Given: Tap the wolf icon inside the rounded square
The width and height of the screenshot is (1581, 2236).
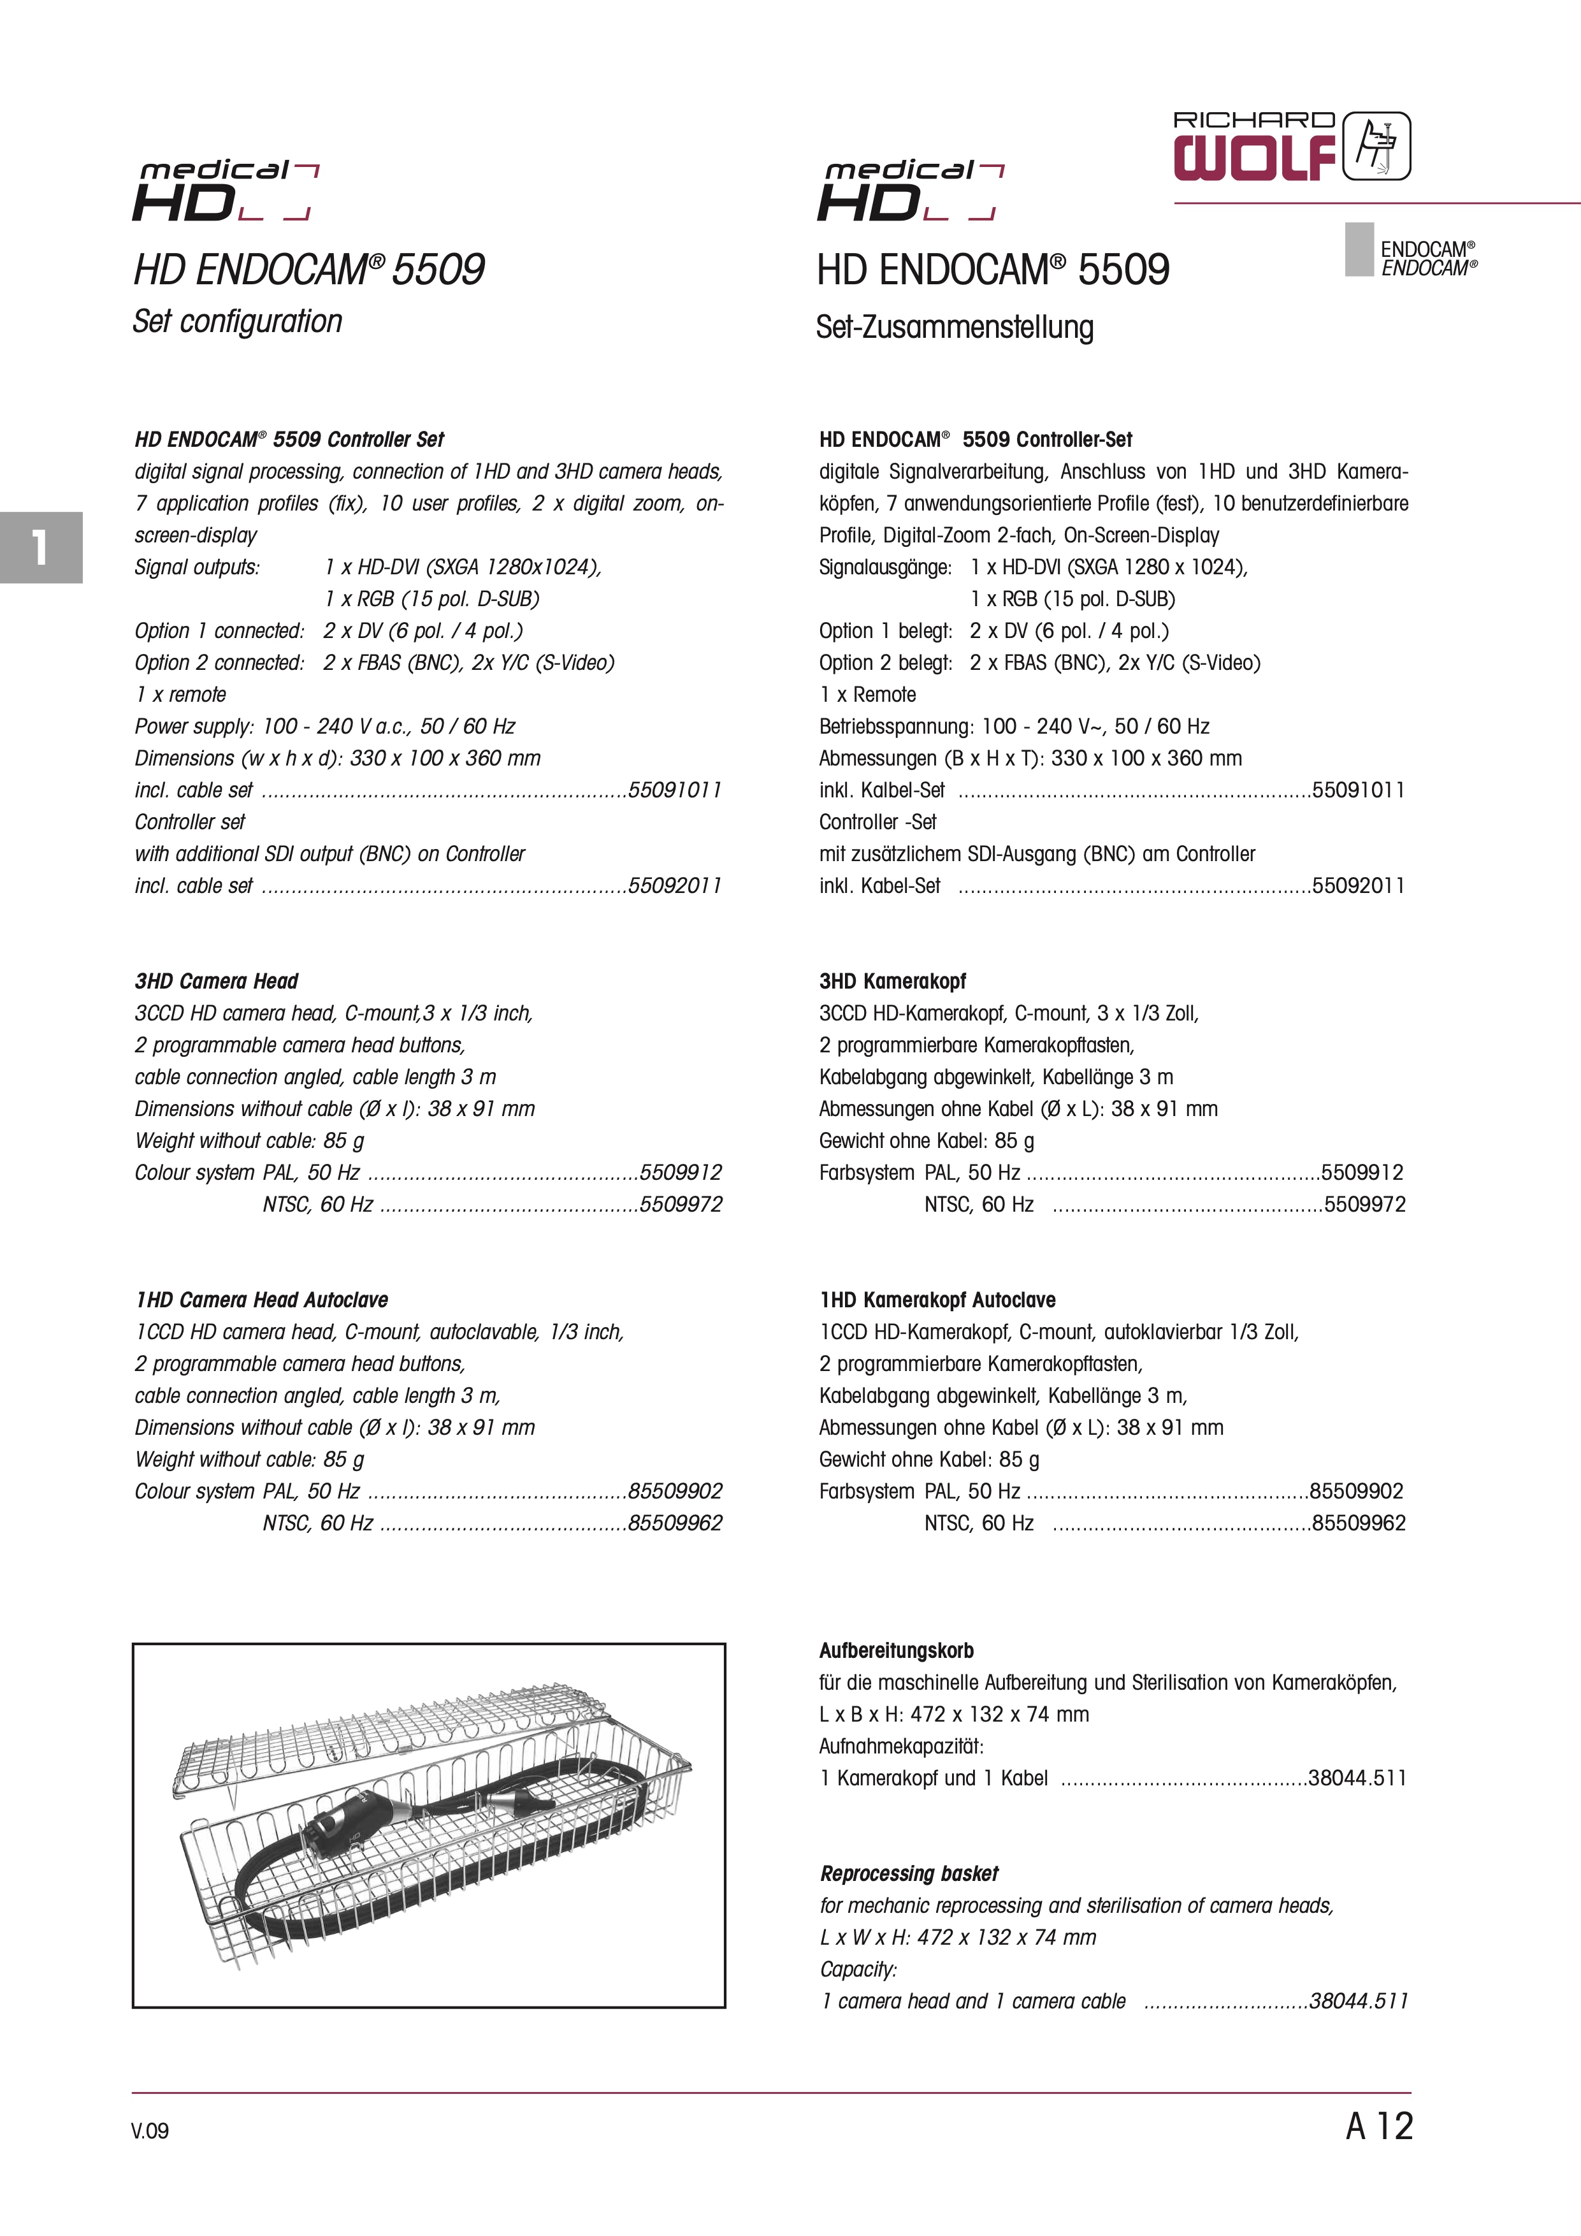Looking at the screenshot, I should point(1376,146).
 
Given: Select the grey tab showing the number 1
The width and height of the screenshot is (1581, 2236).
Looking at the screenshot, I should point(40,548).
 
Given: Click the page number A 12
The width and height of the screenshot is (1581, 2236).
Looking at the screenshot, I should point(1378,2126).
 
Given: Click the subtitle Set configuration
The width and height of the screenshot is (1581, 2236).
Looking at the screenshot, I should point(238,321).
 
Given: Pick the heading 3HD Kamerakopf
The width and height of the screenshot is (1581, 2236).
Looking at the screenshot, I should point(892,982).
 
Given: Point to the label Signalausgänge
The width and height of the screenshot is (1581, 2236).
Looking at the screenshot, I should point(884,567).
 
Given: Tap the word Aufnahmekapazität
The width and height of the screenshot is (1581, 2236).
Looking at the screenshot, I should point(900,1746).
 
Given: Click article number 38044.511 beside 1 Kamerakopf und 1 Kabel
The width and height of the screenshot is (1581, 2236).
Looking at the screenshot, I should point(1357,1778).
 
